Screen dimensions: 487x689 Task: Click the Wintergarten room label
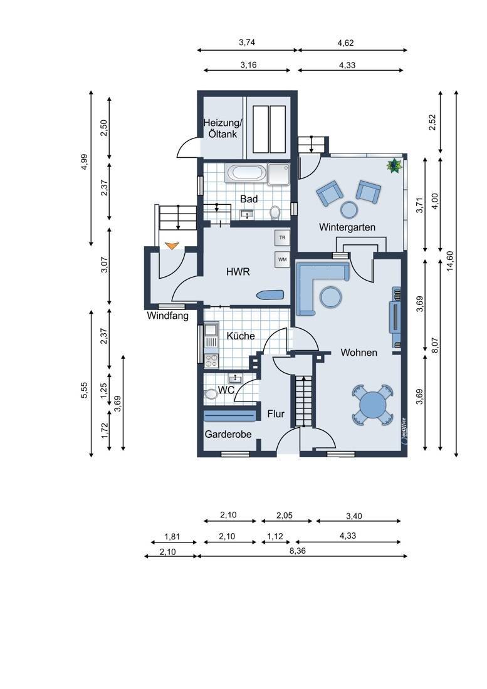tap(347, 227)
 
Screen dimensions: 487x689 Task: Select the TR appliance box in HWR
tap(282, 238)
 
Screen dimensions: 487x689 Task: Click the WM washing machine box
tap(282, 259)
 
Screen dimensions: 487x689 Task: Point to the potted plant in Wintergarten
tap(394, 165)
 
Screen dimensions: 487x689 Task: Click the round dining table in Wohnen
tap(372, 404)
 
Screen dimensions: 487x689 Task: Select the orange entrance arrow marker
tap(171, 246)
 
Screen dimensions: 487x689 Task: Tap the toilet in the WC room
tap(211, 394)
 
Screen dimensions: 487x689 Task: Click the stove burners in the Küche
tap(211, 360)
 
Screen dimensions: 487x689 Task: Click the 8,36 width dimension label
tap(298, 551)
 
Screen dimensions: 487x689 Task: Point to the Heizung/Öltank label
tap(222, 128)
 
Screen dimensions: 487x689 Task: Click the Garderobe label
tap(228, 434)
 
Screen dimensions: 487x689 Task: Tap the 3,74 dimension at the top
tap(247, 43)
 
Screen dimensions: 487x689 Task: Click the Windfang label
tap(167, 316)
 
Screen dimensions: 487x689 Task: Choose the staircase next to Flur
tap(303, 401)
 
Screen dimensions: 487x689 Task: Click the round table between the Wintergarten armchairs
tap(350, 209)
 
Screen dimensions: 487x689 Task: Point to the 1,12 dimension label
tap(276, 536)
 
